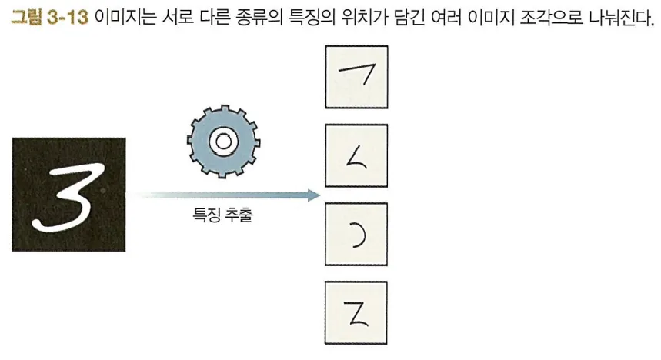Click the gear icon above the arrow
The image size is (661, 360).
(x=223, y=141)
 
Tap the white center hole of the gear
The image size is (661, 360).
(x=223, y=141)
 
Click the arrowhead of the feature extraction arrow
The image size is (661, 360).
(x=313, y=195)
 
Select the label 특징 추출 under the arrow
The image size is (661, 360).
(x=222, y=216)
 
